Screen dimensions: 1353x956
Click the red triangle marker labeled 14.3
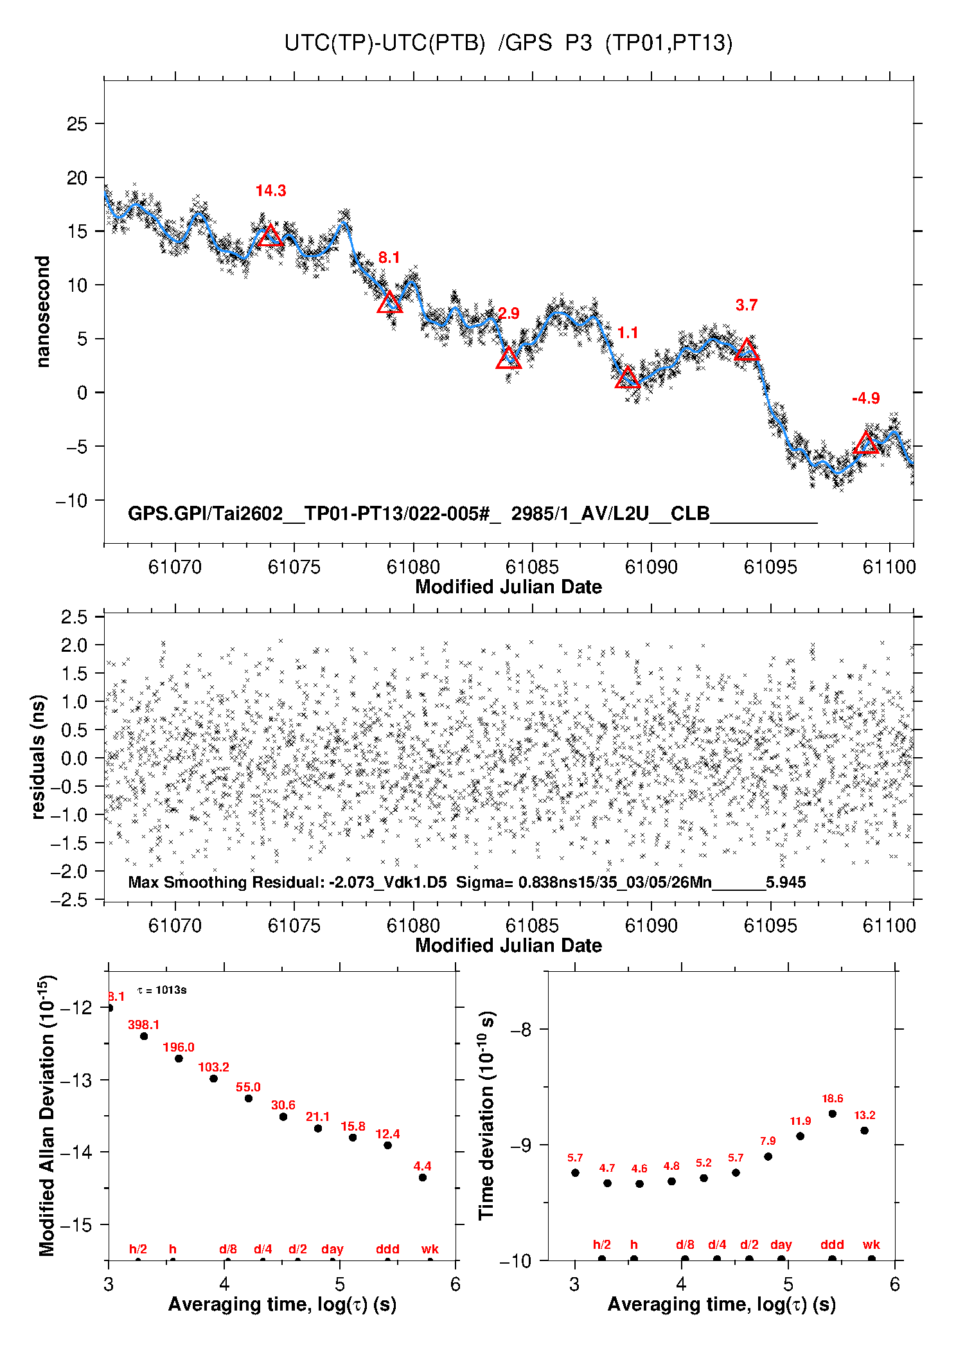click(270, 237)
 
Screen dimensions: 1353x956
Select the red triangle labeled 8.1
click(389, 303)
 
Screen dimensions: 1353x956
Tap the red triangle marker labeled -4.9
click(866, 444)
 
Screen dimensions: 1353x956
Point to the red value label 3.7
click(746, 305)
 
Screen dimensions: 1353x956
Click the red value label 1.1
click(628, 333)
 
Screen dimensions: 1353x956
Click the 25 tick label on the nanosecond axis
click(77, 123)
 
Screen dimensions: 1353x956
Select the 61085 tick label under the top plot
click(532, 567)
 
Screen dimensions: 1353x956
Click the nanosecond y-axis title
click(42, 311)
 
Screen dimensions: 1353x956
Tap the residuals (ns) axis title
click(39, 757)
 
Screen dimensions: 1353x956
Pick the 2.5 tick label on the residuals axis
click(74, 617)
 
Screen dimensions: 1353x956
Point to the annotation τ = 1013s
click(162, 990)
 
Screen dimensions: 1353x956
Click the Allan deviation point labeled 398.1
click(144, 1036)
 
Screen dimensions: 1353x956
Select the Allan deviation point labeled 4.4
click(423, 1178)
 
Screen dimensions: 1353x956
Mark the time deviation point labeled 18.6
click(833, 1114)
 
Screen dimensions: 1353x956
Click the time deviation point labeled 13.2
click(865, 1131)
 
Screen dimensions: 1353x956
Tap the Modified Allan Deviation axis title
click(46, 1116)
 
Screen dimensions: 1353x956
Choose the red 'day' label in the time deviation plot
click(781, 1245)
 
